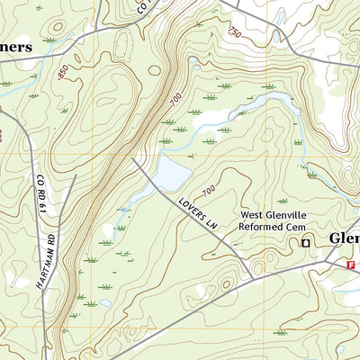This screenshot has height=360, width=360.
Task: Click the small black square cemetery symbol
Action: (305, 242)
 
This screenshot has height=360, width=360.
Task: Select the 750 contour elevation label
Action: (235, 32)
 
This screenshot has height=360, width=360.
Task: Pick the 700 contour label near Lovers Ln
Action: (208, 190)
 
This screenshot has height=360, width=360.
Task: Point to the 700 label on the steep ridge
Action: (175, 100)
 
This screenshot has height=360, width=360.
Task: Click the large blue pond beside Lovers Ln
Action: (172, 169)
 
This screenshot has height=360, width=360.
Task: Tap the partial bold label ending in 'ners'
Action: (16, 46)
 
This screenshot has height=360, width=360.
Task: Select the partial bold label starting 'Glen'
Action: (344, 238)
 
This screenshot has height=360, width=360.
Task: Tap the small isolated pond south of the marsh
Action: (105, 303)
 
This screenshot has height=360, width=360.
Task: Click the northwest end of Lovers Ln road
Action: (134, 159)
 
